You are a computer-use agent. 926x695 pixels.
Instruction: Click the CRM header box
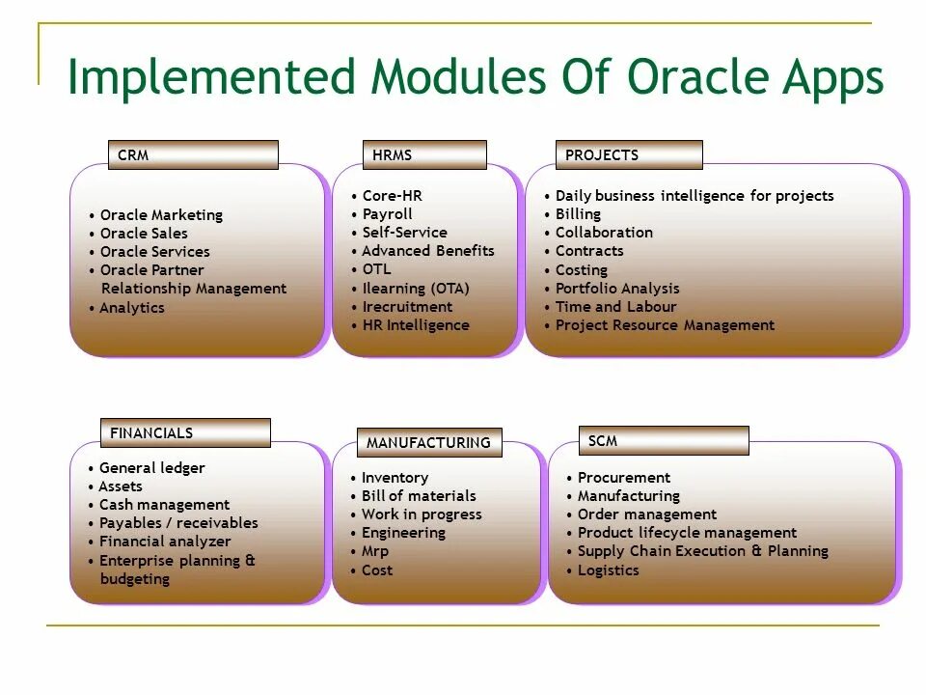[x=193, y=154]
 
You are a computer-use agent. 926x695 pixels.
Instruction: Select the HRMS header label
[x=392, y=154]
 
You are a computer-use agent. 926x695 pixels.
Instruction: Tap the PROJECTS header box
[x=629, y=154]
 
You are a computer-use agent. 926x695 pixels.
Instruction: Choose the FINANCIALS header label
[x=151, y=433]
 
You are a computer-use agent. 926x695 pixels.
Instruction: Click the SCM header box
[x=664, y=440]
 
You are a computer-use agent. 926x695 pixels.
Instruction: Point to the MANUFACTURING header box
[x=429, y=443]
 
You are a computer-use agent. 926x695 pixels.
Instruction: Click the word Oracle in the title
[x=698, y=77]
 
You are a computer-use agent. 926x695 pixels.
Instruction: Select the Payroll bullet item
[x=388, y=214]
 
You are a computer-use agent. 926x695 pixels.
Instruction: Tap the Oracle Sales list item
[x=144, y=234]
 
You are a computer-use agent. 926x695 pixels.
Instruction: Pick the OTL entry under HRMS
[x=376, y=269]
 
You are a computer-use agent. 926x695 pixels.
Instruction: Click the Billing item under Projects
[x=578, y=214]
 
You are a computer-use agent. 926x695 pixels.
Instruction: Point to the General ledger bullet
[x=151, y=468]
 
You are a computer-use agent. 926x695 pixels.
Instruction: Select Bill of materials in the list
[x=419, y=496]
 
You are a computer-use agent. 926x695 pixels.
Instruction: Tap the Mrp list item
[x=375, y=551]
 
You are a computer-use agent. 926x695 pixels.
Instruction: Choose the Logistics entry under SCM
[x=609, y=570]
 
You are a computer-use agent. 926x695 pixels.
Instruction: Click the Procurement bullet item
[x=624, y=478]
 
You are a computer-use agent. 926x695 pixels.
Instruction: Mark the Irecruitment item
[x=407, y=307]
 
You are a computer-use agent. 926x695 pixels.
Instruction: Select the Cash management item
[x=164, y=505]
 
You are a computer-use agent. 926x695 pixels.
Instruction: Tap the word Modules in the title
[x=458, y=77]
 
